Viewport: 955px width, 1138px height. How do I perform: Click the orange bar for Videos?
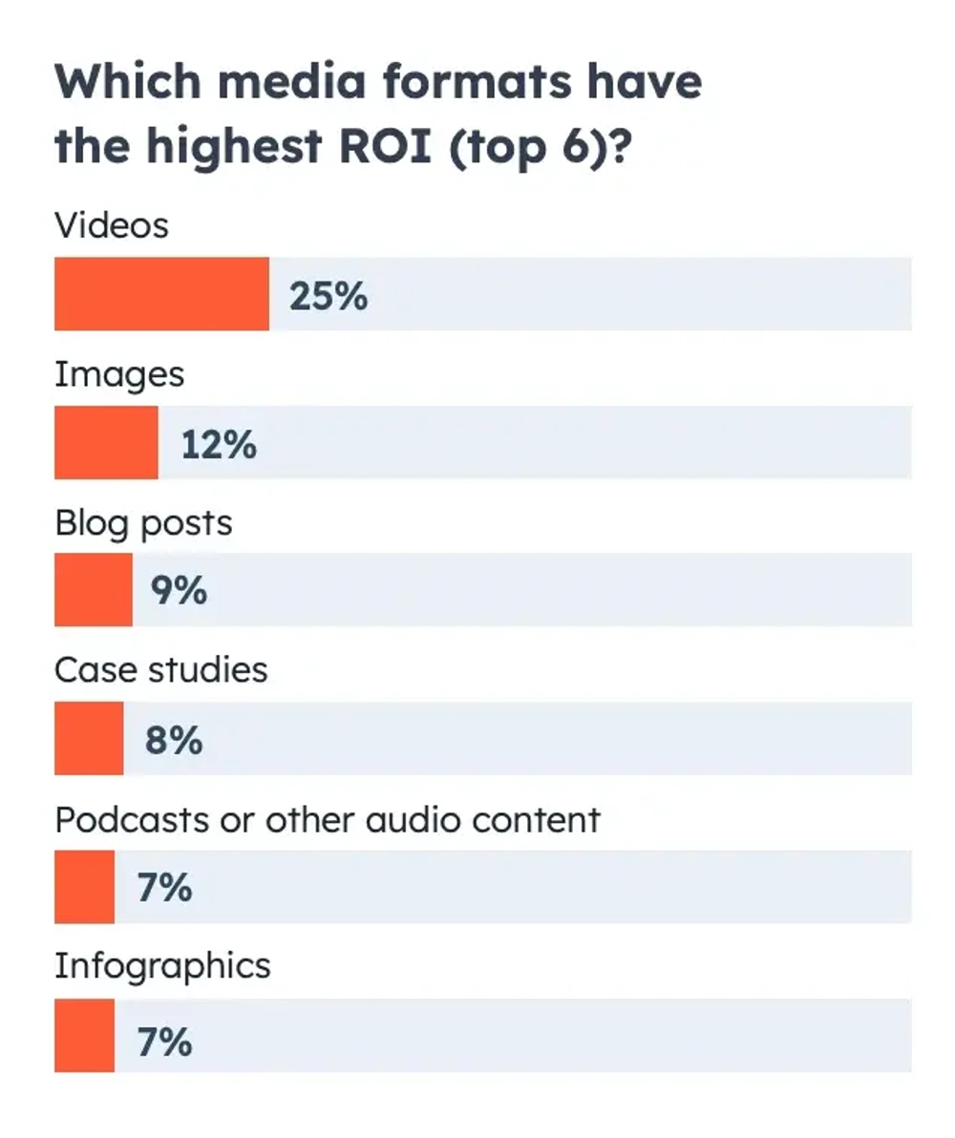pyautogui.click(x=161, y=294)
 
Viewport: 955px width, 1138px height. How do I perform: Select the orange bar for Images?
pyautogui.click(x=106, y=442)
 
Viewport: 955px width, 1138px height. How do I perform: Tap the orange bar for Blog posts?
pyautogui.click(x=94, y=590)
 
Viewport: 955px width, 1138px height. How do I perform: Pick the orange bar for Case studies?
pyautogui.click(x=89, y=738)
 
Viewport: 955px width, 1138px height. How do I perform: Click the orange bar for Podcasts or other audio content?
pyautogui.click(x=84, y=887)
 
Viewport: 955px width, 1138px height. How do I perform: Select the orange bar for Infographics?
pyautogui.click(x=84, y=1035)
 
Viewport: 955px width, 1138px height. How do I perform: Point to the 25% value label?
pyautogui.click(x=328, y=296)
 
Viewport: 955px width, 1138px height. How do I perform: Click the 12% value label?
pyautogui.click(x=219, y=444)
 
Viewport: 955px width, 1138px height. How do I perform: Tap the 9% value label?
pyautogui.click(x=179, y=592)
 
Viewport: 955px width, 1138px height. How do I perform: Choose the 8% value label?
pyautogui.click(x=174, y=740)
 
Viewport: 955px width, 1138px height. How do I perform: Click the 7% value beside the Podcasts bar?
pyautogui.click(x=164, y=889)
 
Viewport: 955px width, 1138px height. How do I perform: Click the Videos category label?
pyautogui.click(x=112, y=225)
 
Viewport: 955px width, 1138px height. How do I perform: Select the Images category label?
pyautogui.click(x=119, y=375)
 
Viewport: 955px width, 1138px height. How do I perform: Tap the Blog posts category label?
pyautogui.click(x=143, y=523)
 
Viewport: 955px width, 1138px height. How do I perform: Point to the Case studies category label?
pyautogui.click(x=160, y=670)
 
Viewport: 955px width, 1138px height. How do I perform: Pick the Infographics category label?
pyautogui.click(x=162, y=967)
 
